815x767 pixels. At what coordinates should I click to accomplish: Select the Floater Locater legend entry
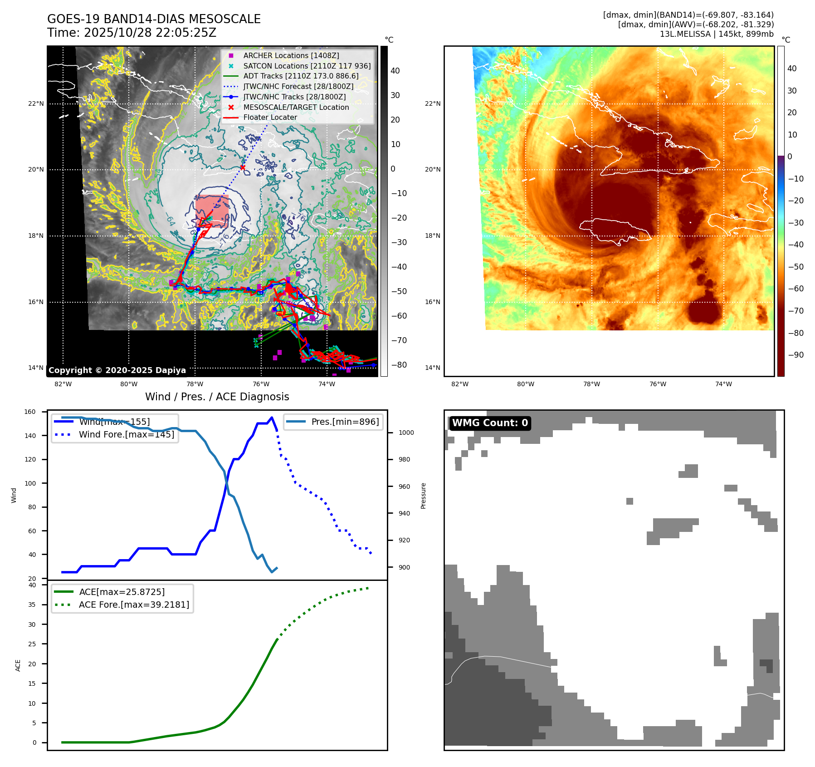pyautogui.click(x=270, y=117)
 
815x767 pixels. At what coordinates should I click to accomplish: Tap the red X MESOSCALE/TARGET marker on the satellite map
pyautogui.click(x=243, y=167)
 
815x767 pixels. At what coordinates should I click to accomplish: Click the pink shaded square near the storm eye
pyautogui.click(x=212, y=210)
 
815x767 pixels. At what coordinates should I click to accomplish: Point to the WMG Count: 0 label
pyautogui.click(x=490, y=423)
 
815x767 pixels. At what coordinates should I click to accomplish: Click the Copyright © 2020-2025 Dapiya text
pyautogui.click(x=117, y=370)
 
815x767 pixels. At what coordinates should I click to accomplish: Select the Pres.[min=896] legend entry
pyautogui.click(x=345, y=422)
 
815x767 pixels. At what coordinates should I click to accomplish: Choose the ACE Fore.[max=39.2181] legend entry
pyautogui.click(x=134, y=605)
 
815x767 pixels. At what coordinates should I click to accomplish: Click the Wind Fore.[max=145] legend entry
pyautogui.click(x=126, y=434)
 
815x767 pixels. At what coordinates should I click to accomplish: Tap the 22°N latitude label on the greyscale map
pyautogui.click(x=36, y=103)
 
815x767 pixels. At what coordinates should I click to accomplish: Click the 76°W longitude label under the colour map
pyautogui.click(x=658, y=384)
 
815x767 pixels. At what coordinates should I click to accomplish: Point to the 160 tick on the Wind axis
pyautogui.click(x=30, y=412)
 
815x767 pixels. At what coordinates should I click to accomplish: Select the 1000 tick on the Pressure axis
pyautogui.click(x=406, y=433)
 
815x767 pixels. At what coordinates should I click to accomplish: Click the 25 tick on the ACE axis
pyautogui.click(x=32, y=644)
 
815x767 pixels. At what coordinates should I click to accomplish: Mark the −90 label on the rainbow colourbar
pyautogui.click(x=795, y=355)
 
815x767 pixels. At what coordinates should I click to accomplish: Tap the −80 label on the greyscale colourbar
pyautogui.click(x=399, y=365)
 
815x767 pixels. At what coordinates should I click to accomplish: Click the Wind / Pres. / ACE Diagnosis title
pyautogui.click(x=217, y=397)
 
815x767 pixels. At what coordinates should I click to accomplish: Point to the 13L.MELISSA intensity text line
pyautogui.click(x=717, y=34)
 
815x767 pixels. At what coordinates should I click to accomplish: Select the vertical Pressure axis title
pyautogui.click(x=423, y=496)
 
